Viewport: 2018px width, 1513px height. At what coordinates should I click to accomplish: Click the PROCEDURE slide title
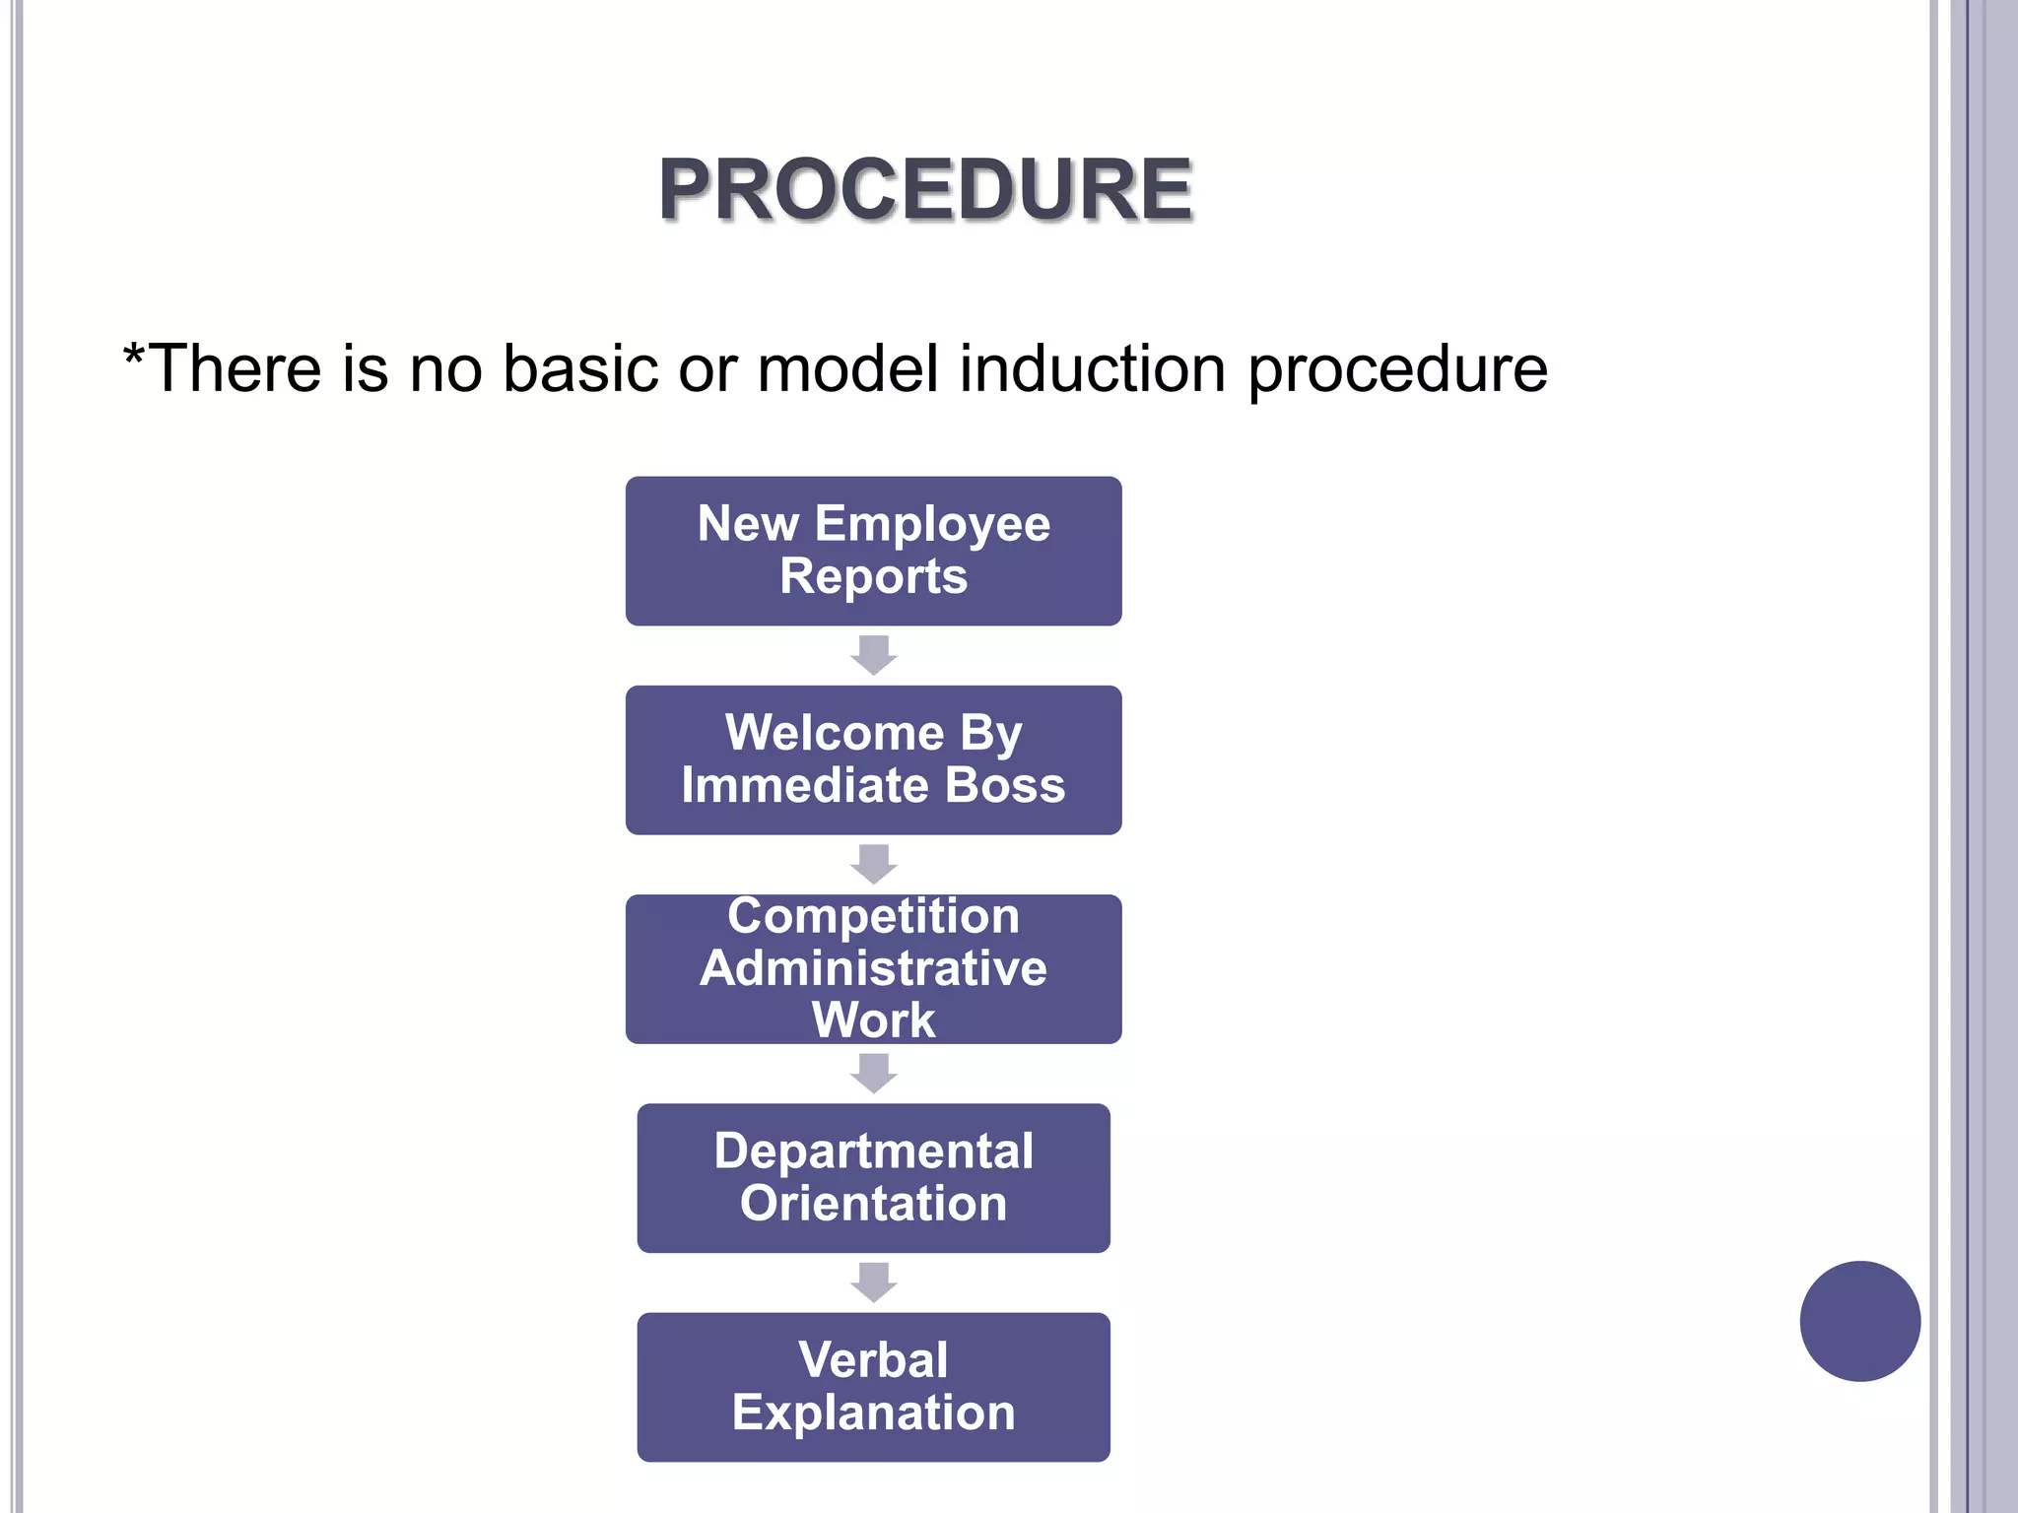pos(925,189)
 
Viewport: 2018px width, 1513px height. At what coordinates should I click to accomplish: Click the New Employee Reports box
pos(873,551)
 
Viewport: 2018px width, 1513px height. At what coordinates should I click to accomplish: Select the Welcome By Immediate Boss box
pos(873,759)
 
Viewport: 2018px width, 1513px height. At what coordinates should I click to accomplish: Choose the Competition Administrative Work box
pos(873,968)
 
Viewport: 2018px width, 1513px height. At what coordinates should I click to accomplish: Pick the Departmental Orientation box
pos(873,1177)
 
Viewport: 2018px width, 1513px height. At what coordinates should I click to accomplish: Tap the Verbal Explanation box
pos(873,1386)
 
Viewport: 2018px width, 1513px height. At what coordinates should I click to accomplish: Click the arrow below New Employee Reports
pos(873,655)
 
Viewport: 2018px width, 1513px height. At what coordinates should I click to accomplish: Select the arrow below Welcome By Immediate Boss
pos(873,864)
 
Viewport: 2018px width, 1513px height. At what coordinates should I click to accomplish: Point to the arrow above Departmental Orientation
pos(873,1073)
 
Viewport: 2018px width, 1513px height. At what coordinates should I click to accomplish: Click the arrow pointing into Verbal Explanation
pos(873,1282)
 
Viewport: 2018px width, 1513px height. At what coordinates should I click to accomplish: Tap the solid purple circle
pos(1859,1321)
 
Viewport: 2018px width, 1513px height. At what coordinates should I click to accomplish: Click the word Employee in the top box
pos(931,525)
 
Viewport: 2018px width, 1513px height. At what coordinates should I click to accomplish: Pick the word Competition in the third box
pos(873,916)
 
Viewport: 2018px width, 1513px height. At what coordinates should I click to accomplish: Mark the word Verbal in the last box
pos(873,1360)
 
